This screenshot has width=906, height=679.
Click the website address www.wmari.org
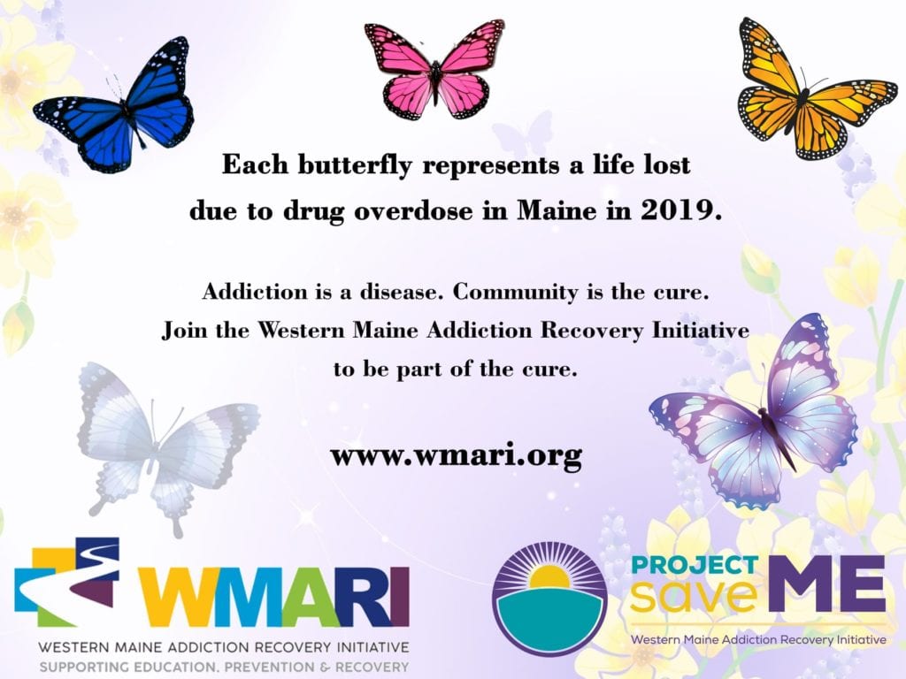[456, 455]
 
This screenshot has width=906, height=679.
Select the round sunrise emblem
[549, 599]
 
